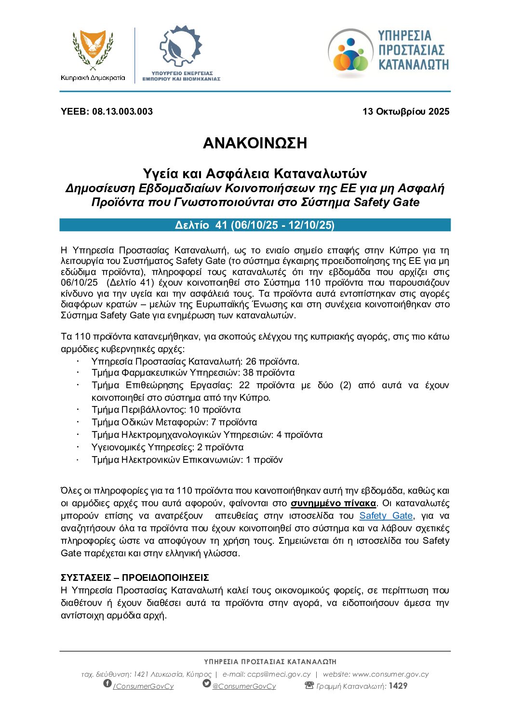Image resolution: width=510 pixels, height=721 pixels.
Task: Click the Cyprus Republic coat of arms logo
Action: click(x=93, y=50)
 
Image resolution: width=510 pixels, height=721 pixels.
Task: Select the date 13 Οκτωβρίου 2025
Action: click(x=405, y=112)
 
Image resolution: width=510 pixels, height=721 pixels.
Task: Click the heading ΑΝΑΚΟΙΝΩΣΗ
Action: click(x=255, y=143)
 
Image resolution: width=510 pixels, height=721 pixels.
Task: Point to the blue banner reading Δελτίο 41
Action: click(x=255, y=225)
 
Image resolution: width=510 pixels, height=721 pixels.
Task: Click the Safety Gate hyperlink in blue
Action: click(x=386, y=516)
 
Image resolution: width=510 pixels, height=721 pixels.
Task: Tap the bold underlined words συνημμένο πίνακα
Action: click(x=333, y=503)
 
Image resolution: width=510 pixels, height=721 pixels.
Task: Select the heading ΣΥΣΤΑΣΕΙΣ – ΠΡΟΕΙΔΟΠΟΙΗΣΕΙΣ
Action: click(x=135, y=577)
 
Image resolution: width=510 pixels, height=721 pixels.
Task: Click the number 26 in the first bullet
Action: click(x=251, y=362)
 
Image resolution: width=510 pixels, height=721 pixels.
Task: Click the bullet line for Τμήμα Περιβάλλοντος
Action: click(x=166, y=410)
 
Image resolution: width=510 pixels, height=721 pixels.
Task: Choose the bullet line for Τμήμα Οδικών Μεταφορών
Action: click(x=174, y=422)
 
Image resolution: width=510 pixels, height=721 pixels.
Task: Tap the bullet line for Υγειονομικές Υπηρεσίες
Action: click(x=167, y=447)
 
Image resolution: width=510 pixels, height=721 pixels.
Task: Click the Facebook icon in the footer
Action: click(x=107, y=684)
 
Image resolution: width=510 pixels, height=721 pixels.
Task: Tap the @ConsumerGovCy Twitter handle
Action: click(x=244, y=686)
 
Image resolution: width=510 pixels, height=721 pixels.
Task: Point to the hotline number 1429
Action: click(x=398, y=686)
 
